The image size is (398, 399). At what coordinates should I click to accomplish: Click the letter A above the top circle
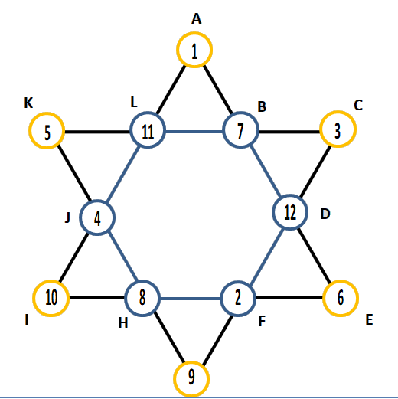[x=196, y=19]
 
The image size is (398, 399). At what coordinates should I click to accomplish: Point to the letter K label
[x=28, y=103]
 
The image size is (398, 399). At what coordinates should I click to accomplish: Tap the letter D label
[x=325, y=214]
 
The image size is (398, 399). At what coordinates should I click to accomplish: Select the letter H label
[x=123, y=323]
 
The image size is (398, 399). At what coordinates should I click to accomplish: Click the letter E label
[x=369, y=319]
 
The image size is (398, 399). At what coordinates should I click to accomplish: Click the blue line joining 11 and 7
[x=194, y=132]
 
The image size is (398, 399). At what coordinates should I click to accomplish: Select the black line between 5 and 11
[x=97, y=132]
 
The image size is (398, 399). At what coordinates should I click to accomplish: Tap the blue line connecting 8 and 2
[x=190, y=299]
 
